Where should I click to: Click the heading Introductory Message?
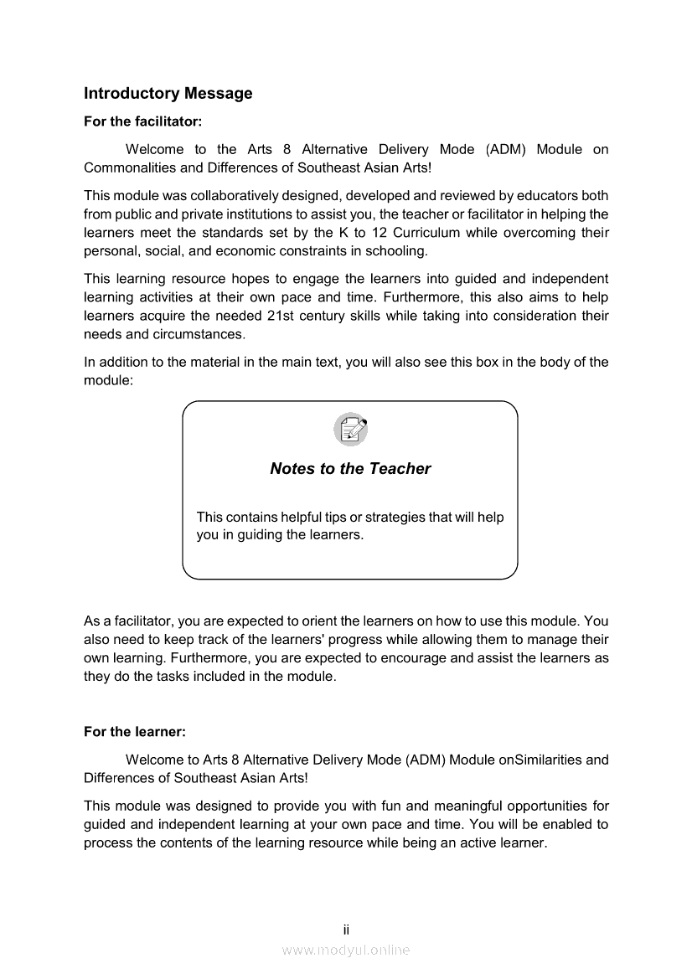click(x=168, y=94)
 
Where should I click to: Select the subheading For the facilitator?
click(x=142, y=121)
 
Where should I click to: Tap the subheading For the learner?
click(x=134, y=731)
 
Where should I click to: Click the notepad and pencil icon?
click(x=350, y=430)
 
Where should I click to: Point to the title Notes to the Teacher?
click(x=350, y=469)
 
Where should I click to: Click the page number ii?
click(x=346, y=930)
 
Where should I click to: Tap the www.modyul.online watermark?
click(x=346, y=950)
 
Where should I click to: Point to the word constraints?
click(x=312, y=250)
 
